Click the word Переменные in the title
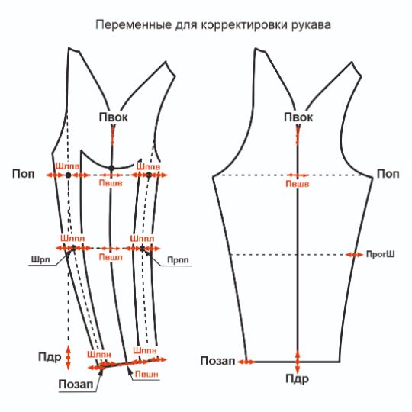pos(134,25)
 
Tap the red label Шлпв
pos(68,166)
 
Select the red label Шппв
pos(149,166)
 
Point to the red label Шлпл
pos(72,238)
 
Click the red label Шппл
pos(142,239)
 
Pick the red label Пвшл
pos(111,257)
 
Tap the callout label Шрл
pos(40,260)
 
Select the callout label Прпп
pos(178,260)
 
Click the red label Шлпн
pos(99,354)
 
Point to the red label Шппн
pos(145,350)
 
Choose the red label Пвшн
pos(146,374)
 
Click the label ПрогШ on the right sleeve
pos(380,254)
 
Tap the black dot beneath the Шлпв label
pos(69,175)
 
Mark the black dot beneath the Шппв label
pos(149,175)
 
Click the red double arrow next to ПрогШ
pos(354,255)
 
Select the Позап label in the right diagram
pos(217,361)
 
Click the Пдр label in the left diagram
pos(50,357)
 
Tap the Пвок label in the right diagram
pos(298,117)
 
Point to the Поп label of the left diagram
pos(23,174)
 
